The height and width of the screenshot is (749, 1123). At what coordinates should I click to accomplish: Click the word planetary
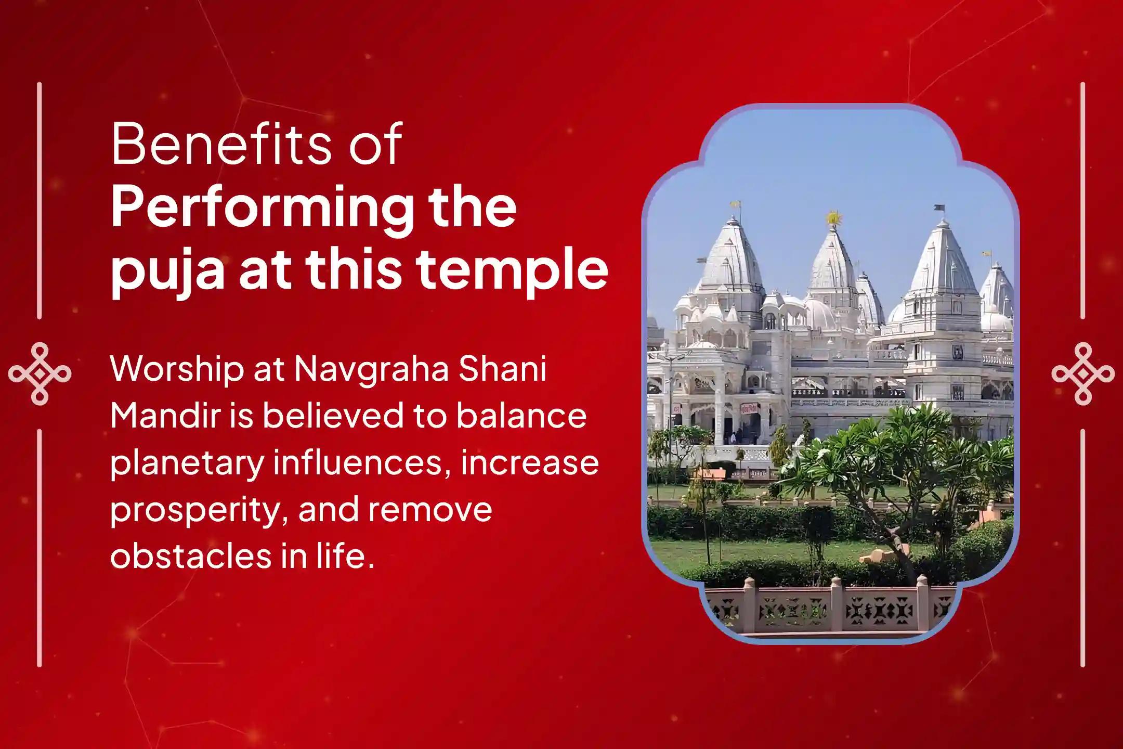(x=187, y=462)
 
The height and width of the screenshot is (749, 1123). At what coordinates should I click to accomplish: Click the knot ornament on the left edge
(x=40, y=373)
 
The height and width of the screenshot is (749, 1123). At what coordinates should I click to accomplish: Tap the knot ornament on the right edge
(x=1083, y=373)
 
